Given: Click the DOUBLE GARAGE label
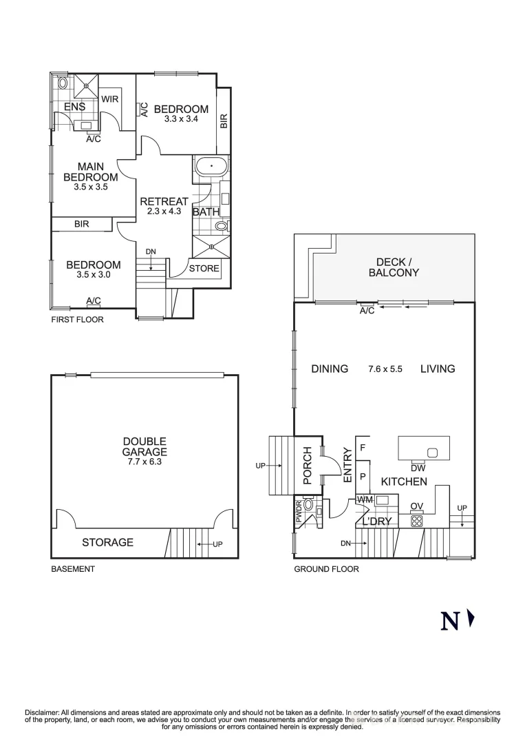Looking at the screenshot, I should pyautogui.click(x=144, y=446).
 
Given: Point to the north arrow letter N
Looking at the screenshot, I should pyautogui.click(x=450, y=621).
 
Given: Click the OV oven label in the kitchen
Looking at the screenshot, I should pyautogui.click(x=416, y=506).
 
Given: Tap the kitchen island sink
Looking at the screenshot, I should pyautogui.click(x=432, y=453).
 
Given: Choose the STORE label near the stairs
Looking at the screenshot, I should pyautogui.click(x=204, y=269).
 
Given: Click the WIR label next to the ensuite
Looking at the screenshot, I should pyautogui.click(x=110, y=99).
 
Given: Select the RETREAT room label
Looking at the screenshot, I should pyautogui.click(x=164, y=202).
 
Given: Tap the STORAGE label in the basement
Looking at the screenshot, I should pyautogui.click(x=107, y=542).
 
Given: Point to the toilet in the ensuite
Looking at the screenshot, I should pyautogui.click(x=63, y=83).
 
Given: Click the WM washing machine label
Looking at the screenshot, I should pyautogui.click(x=365, y=499).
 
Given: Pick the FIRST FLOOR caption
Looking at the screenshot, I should pyautogui.click(x=77, y=320).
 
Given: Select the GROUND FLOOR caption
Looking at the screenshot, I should pyautogui.click(x=326, y=569).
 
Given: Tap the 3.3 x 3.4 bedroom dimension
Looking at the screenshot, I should pyautogui.click(x=180, y=119).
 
